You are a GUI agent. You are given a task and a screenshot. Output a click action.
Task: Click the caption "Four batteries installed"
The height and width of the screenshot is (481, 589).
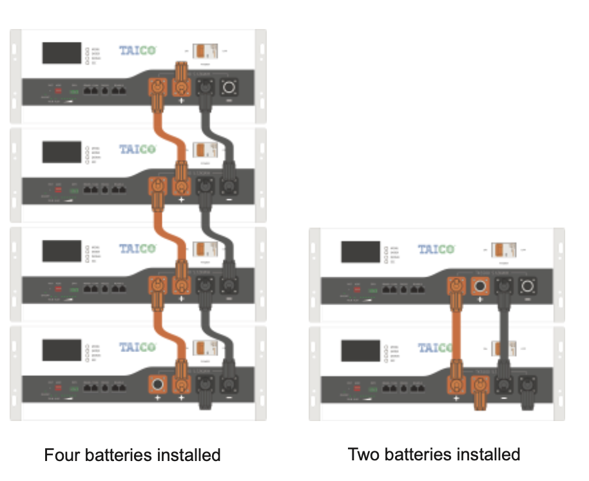point(132,455)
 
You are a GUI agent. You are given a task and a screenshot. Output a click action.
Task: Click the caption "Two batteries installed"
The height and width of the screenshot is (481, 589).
point(434,454)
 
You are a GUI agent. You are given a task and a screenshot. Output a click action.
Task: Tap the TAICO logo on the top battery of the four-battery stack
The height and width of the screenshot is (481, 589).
point(137,50)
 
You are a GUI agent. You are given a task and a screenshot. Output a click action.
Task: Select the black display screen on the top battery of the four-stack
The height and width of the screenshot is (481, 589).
point(62,53)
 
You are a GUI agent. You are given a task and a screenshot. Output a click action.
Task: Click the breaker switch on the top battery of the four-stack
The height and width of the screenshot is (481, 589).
point(206,51)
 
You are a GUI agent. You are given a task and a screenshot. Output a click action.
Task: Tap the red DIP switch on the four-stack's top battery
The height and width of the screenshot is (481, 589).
point(58,91)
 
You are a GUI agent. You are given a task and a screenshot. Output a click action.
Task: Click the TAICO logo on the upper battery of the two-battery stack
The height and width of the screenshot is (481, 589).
point(436,249)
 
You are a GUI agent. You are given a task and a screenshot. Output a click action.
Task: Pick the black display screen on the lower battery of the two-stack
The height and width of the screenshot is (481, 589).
point(360,350)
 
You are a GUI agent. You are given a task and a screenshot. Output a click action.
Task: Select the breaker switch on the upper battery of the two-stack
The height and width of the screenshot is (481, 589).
point(504,250)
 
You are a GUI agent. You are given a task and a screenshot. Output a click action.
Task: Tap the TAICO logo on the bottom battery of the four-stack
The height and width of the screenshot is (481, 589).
point(137,348)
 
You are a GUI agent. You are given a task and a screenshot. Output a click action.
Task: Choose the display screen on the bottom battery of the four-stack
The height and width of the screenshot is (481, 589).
point(62,350)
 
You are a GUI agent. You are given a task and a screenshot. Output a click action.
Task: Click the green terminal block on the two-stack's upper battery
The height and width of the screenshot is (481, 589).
point(372,290)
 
